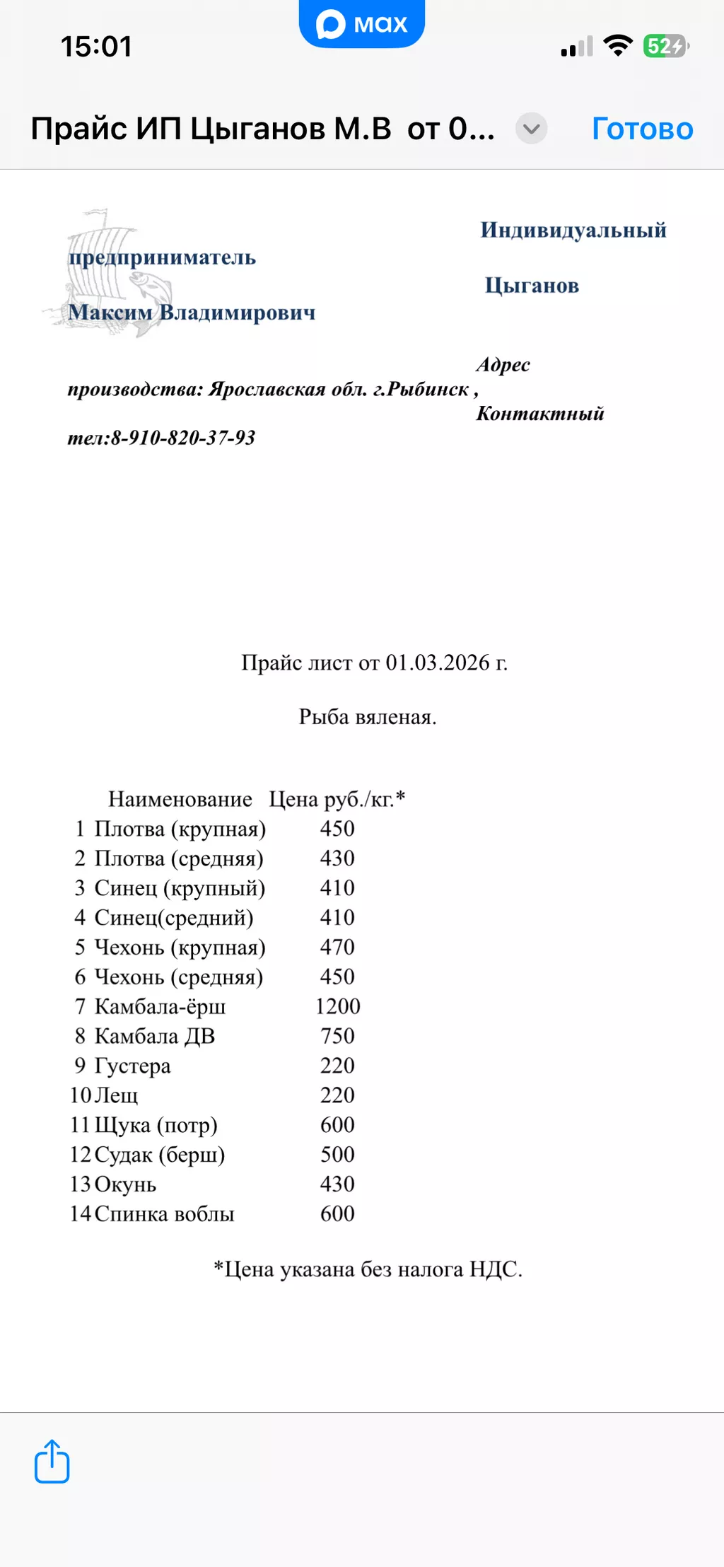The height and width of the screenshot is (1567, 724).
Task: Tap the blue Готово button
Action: pyautogui.click(x=642, y=129)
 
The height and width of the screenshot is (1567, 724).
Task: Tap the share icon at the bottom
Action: pyautogui.click(x=52, y=1461)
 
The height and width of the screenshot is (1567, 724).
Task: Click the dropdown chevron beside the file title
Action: pyautogui.click(x=532, y=129)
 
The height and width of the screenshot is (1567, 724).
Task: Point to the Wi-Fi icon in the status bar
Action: pyautogui.click(x=618, y=46)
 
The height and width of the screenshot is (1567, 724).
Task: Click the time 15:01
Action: pyautogui.click(x=96, y=47)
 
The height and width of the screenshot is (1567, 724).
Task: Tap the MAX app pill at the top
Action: pyautogui.click(x=361, y=24)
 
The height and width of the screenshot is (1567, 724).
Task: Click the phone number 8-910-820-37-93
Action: pyautogui.click(x=183, y=438)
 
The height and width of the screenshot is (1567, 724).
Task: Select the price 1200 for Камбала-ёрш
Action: pyautogui.click(x=337, y=1006)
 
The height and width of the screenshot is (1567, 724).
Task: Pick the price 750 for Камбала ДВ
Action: pyautogui.click(x=337, y=1036)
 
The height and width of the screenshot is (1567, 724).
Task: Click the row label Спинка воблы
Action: pyautogui.click(x=164, y=1213)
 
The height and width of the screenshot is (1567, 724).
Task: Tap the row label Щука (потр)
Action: pyautogui.click(x=156, y=1124)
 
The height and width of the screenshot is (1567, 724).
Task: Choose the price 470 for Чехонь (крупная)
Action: pyautogui.click(x=337, y=947)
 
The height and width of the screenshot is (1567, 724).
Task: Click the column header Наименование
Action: pyautogui.click(x=180, y=799)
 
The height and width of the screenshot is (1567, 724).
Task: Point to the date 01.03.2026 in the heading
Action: pyautogui.click(x=437, y=663)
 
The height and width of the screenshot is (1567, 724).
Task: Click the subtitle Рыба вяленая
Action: pyautogui.click(x=368, y=717)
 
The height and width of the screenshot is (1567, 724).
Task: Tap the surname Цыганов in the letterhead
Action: pyautogui.click(x=532, y=286)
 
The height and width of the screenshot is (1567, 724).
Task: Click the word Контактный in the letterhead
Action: pyautogui.click(x=540, y=414)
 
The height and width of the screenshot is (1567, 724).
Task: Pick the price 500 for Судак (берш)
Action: pyautogui.click(x=337, y=1154)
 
